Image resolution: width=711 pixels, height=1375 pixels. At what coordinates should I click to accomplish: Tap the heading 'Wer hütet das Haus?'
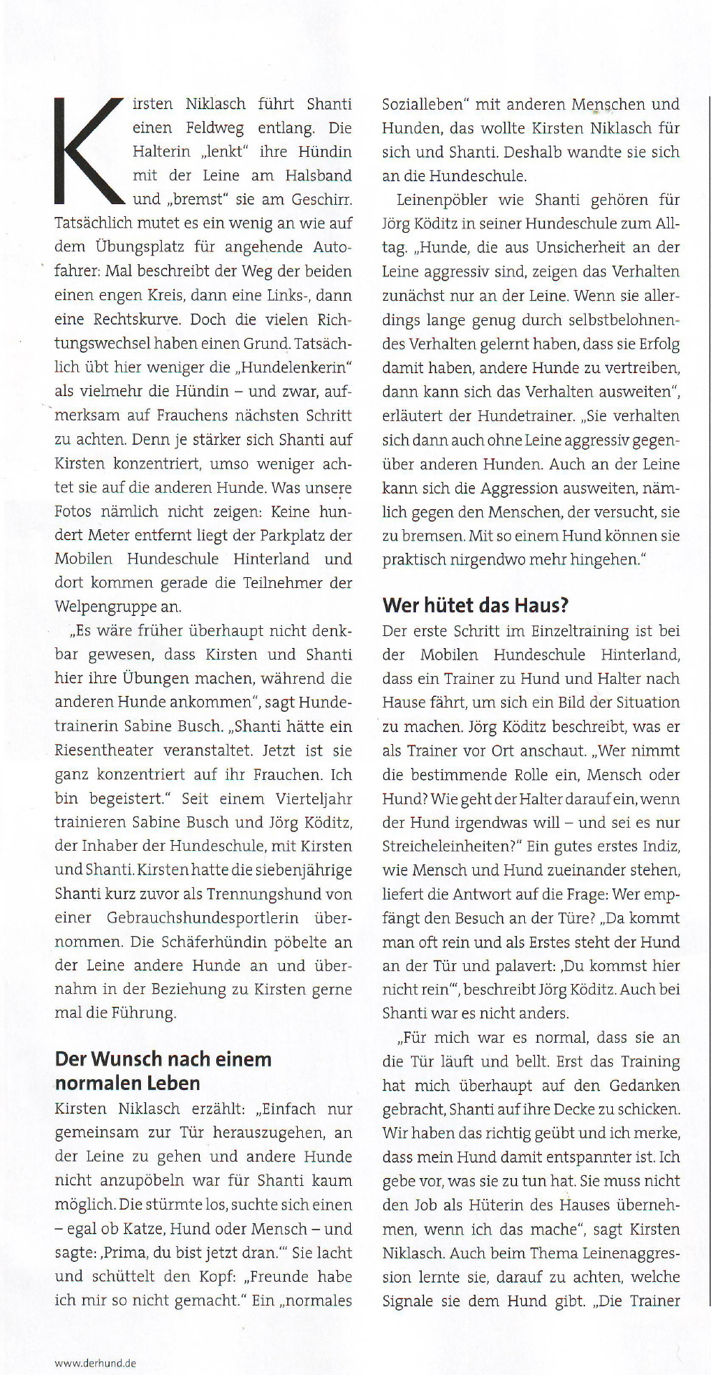[475, 606]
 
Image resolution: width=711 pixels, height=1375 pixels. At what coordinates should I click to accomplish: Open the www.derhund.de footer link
[95, 1363]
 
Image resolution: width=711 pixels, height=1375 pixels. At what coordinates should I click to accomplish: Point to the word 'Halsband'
[319, 175]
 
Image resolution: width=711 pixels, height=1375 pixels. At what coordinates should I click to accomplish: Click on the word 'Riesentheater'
[104, 751]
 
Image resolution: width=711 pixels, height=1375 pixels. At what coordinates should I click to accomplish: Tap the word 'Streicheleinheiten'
[443, 846]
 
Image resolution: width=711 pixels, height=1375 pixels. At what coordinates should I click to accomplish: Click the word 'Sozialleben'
[422, 105]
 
